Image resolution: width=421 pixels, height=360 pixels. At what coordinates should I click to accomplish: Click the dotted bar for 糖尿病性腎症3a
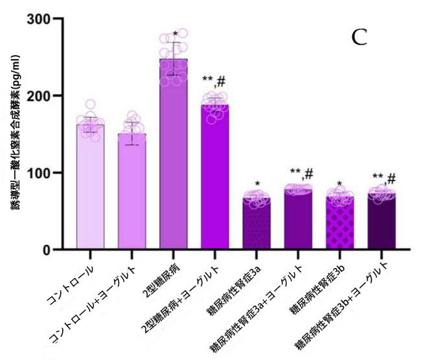point(256,223)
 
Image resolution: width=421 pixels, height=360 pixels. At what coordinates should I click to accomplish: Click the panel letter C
point(359,38)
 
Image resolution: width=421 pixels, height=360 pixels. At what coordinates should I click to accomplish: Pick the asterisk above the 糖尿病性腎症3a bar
point(257,184)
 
